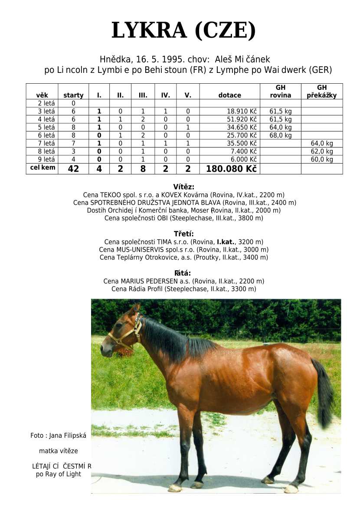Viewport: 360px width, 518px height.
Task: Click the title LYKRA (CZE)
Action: click(x=183, y=31)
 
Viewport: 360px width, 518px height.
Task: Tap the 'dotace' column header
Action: click(x=229, y=95)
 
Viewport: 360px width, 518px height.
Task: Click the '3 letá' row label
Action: click(x=46, y=111)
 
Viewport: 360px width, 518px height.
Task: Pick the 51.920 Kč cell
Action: click(x=239, y=119)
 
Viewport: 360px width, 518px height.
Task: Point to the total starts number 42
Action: click(x=73, y=169)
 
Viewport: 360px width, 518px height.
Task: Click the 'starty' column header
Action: click(x=73, y=95)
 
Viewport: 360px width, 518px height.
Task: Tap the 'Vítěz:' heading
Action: click(x=183, y=187)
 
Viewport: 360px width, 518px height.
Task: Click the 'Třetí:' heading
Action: click(x=183, y=234)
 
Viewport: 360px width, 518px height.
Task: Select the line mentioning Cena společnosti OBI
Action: click(x=183, y=218)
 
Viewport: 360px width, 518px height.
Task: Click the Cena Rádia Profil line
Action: click(x=183, y=289)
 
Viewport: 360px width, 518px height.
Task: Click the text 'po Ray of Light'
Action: click(x=59, y=474)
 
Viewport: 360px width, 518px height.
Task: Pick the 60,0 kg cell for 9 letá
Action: click(x=322, y=159)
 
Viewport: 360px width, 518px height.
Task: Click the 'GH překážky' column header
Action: click(x=321, y=92)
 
